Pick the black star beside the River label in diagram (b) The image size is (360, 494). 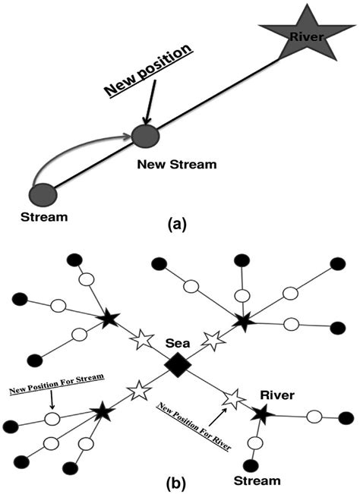point(262,414)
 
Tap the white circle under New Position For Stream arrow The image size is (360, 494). point(52,418)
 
